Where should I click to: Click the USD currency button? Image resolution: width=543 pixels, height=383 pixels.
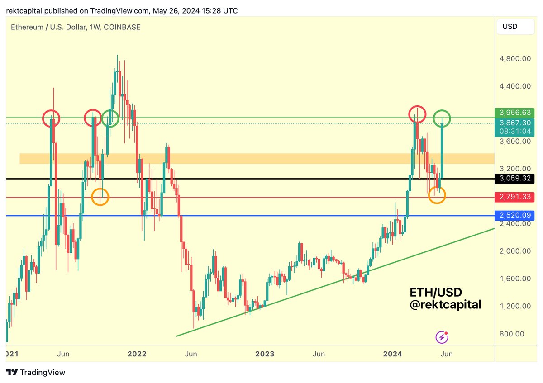(510, 27)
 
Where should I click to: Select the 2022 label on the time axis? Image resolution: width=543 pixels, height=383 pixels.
(137, 354)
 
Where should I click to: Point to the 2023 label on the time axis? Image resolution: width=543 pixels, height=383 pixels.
(264, 354)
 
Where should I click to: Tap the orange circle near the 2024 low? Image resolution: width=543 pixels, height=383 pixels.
(437, 195)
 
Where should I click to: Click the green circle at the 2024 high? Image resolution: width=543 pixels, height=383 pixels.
(442, 118)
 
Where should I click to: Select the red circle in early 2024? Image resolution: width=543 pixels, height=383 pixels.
(417, 114)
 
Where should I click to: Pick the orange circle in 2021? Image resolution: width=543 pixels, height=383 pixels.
(100, 197)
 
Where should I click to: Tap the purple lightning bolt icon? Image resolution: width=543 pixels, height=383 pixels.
(442, 337)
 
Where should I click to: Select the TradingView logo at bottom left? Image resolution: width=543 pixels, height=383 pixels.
(36, 373)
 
